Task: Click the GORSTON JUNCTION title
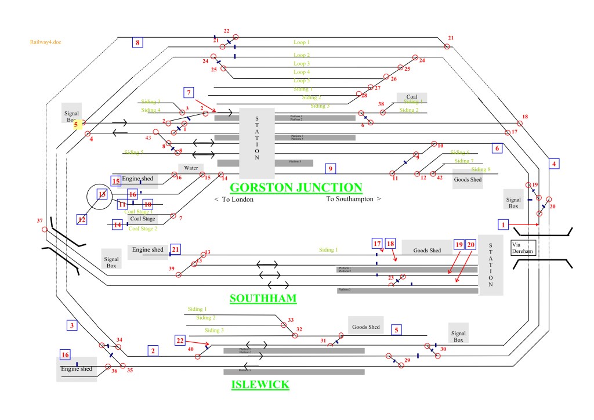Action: point(296,187)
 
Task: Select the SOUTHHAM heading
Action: point(263,299)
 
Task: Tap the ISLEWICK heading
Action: point(260,384)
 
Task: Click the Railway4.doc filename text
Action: point(45,42)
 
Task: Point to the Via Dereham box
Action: point(523,248)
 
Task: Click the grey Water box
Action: point(191,168)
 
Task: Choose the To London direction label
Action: point(234,199)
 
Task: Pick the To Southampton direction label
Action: point(353,199)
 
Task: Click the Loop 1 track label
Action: point(302,42)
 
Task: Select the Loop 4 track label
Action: point(302,72)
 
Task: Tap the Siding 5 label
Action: point(133,153)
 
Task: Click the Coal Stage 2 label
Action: point(143,229)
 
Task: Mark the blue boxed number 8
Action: point(137,42)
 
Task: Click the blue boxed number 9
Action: point(331,169)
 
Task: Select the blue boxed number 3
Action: point(72,325)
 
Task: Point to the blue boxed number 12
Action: point(81,220)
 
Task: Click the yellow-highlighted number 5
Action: point(76,124)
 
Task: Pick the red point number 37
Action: point(40,221)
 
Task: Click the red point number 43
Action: point(148,137)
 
